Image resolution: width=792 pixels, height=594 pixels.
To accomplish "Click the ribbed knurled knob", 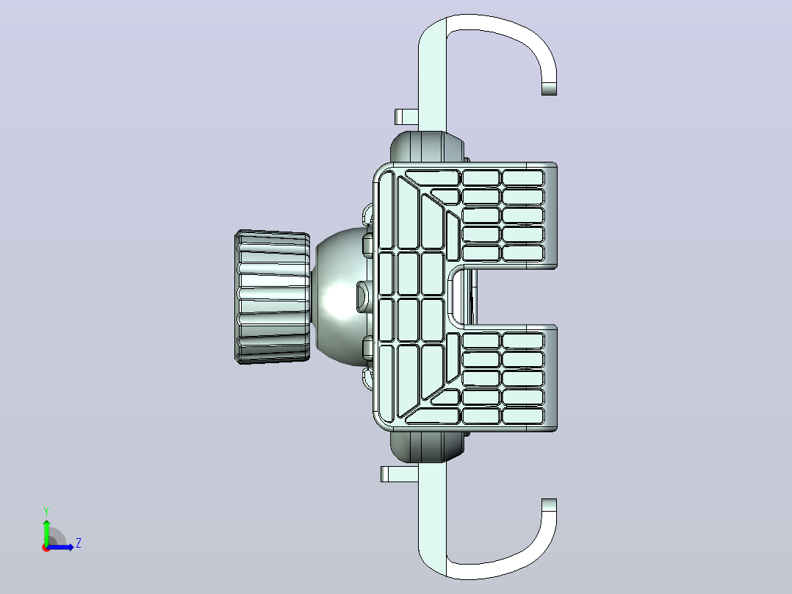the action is pos(273,297).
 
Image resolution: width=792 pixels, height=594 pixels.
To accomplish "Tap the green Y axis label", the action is pos(46,511).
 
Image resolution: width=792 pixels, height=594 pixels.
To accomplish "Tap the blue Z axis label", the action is pos(79,543).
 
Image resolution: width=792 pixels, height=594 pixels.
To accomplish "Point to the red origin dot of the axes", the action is pos(46,548).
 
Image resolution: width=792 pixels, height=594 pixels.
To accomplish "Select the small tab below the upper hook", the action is pos(406,117).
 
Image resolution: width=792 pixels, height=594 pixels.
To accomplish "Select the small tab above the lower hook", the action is pos(399,474).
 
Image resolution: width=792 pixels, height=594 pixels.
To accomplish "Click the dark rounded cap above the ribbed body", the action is pos(427,147).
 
